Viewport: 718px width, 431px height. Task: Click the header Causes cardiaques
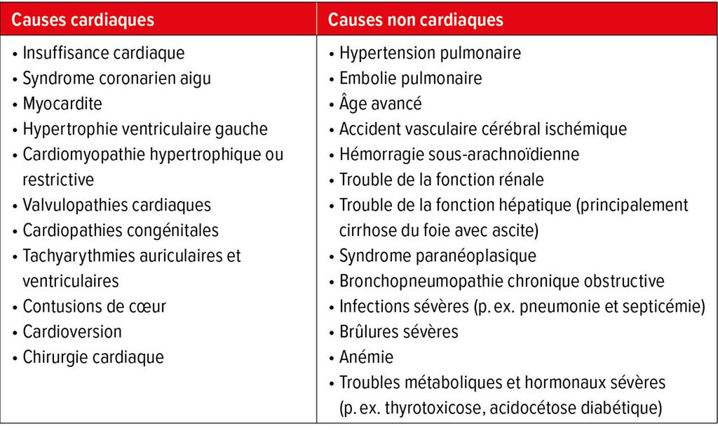[x=83, y=20]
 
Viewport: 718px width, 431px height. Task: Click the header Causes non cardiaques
[x=415, y=20]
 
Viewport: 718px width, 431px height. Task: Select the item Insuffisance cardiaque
[x=104, y=53]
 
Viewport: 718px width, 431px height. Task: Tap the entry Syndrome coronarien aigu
[x=116, y=79]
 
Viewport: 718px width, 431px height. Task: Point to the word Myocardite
[x=62, y=104]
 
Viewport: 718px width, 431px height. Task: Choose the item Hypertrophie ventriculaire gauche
[x=145, y=129]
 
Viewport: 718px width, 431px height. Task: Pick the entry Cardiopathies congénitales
[x=121, y=230]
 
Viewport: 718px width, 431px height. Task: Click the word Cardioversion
[x=72, y=331]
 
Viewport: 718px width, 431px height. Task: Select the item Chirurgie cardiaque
[x=93, y=357]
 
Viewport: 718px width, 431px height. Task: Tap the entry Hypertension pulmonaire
[x=430, y=53]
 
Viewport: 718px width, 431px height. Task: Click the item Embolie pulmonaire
[x=411, y=79]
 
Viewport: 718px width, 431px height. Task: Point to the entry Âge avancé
[x=381, y=104]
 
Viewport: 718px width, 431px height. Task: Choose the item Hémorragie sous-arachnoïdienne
[x=459, y=154]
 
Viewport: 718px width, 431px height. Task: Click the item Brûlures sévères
[x=398, y=331]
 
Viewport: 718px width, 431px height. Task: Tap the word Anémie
[x=367, y=357]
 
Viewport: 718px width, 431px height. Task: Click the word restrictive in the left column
[x=58, y=180]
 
